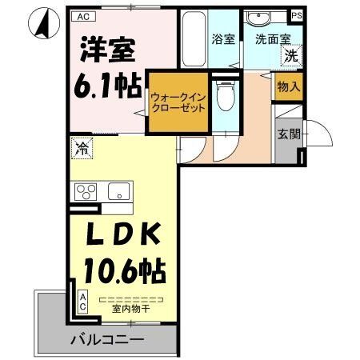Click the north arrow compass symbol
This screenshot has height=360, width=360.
42,24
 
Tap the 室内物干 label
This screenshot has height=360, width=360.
122,309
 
